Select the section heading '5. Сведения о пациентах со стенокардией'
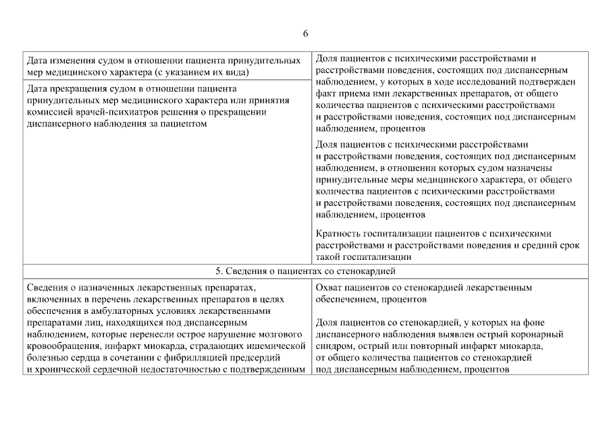tap(305, 271)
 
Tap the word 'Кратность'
tap(338, 234)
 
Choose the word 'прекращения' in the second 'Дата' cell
tap(75, 88)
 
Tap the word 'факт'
tap(326, 94)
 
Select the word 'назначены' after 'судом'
tap(531, 167)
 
